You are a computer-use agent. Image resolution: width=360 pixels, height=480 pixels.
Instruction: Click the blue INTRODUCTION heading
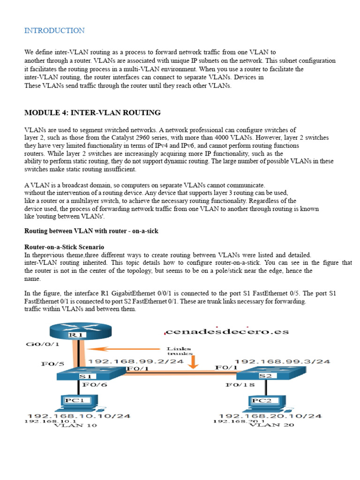54,31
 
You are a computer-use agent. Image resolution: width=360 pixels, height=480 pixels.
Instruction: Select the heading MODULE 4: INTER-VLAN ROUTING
92,112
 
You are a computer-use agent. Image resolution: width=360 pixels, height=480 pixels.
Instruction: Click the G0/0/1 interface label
43,345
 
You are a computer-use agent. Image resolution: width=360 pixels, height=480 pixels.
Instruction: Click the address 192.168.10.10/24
79,416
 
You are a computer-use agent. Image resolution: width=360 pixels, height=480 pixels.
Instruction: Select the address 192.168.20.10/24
270,416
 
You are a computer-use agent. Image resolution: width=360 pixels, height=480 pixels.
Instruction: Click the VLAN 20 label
268,426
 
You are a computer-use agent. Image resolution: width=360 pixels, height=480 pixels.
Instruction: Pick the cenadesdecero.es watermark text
227,332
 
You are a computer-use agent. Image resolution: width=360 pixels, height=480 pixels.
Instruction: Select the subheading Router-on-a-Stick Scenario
64,247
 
